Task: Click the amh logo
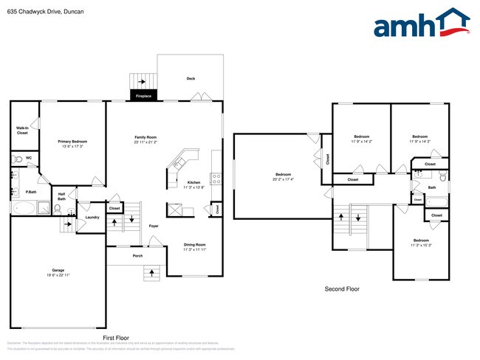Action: [422, 24]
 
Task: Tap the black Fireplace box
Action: [143, 96]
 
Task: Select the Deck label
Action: [191, 78]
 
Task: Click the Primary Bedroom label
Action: [73, 141]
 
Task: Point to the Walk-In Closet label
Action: [22, 130]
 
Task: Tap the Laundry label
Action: [92, 217]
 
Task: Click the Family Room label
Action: [145, 138]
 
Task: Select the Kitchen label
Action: [193, 182]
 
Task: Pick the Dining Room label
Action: [195, 244]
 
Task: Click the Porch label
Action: [137, 256]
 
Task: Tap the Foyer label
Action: [154, 226]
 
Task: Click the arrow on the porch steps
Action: [153, 273]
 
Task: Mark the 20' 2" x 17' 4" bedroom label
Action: [282, 175]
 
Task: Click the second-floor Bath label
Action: [431, 187]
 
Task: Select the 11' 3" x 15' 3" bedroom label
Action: [421, 241]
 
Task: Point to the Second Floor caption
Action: [343, 289]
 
